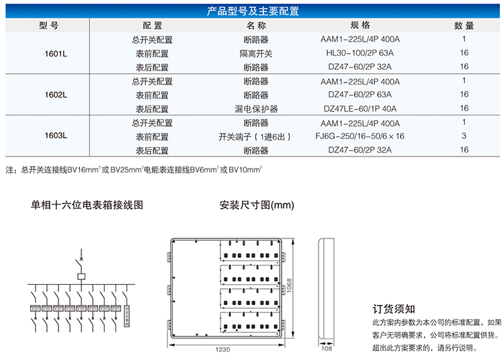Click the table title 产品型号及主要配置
253,11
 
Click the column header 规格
360,26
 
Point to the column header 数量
464,26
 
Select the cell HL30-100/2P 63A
360,53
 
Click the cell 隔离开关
256,53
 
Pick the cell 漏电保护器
256,109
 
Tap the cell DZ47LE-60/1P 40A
360,109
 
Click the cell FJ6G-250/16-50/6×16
360,136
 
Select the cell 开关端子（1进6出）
256,136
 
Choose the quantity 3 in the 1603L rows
464,136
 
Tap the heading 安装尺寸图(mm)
257,206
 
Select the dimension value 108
327,349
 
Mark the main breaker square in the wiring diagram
81,275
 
